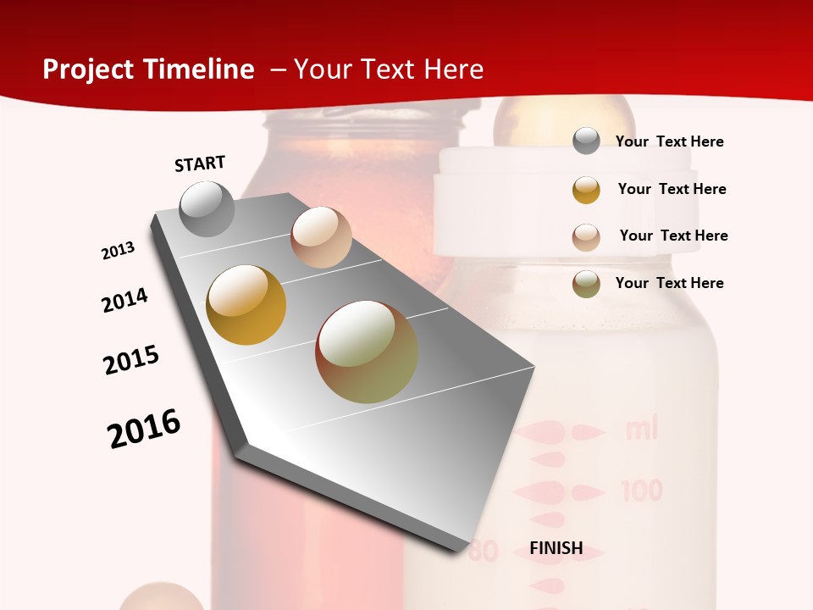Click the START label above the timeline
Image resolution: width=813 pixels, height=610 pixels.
tap(200, 164)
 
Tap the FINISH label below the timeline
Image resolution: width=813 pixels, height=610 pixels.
tap(556, 548)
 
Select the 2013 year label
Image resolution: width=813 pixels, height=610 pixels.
tap(118, 251)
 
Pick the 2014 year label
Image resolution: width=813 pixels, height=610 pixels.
tap(124, 300)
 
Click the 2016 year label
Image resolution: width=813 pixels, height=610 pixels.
tap(144, 428)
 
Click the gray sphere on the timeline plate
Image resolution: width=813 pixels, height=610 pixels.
tap(207, 209)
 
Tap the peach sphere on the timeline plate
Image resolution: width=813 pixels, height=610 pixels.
tap(321, 237)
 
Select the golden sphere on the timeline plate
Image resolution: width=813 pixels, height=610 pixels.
tap(246, 305)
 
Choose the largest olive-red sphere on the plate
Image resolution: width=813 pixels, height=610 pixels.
tap(367, 352)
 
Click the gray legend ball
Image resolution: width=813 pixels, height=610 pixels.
tap(586, 141)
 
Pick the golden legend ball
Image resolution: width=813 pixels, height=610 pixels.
tap(586, 189)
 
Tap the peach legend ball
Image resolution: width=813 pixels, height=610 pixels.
tap(586, 236)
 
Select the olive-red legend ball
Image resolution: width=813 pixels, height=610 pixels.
tap(586, 284)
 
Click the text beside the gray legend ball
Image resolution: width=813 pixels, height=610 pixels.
tap(669, 141)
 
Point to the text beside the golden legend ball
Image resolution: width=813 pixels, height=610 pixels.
tap(672, 189)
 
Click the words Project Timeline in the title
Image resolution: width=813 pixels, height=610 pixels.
tap(148, 69)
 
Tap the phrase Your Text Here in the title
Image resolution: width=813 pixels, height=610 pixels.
tap(389, 69)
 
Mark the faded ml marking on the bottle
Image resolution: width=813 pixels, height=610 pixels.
tap(641, 430)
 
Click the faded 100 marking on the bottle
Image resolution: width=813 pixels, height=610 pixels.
tap(641, 491)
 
